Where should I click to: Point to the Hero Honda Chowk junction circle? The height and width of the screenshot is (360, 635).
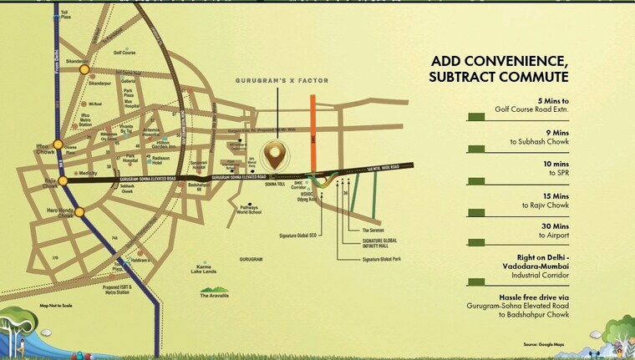(x=79, y=211)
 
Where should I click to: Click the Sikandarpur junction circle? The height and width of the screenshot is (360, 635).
(x=84, y=70)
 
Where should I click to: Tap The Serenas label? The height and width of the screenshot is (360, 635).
(x=373, y=230)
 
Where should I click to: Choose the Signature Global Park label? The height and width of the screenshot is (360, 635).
(x=383, y=260)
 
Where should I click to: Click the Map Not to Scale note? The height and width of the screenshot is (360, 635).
(x=56, y=307)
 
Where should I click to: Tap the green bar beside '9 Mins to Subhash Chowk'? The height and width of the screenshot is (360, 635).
(x=478, y=148)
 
